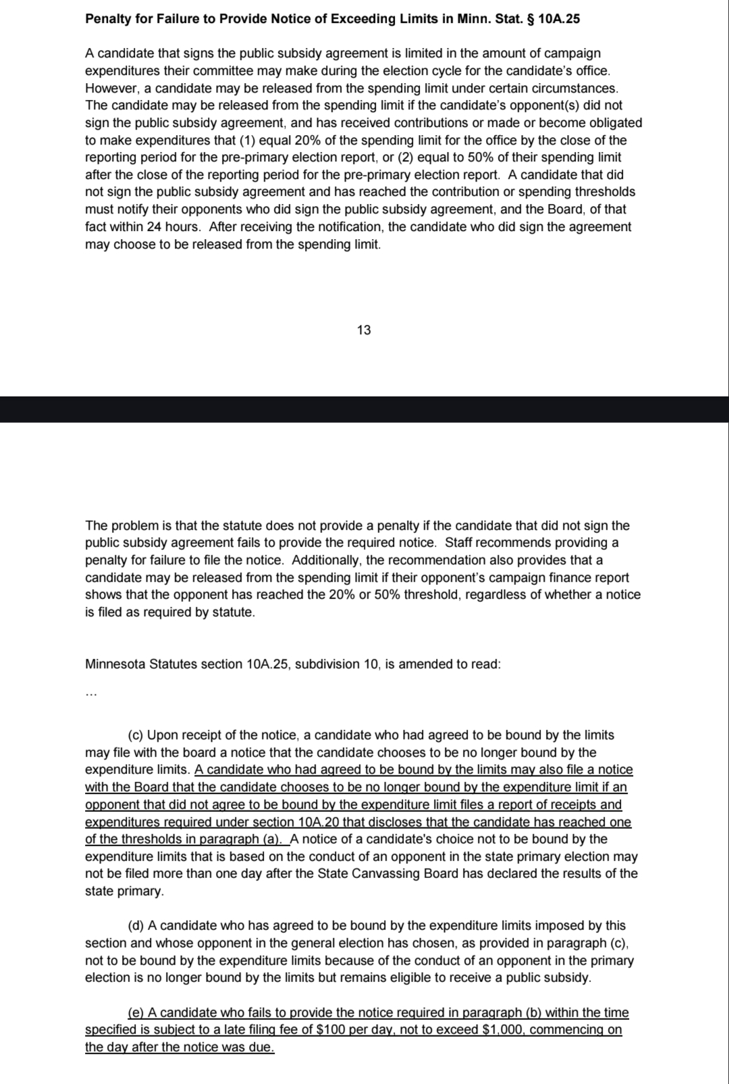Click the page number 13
364,330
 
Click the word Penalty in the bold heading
107,19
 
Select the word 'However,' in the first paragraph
108,88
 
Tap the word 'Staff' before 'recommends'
460,543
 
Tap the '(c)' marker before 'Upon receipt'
136,735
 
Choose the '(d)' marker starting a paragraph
136,926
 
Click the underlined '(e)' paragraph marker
136,1012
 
